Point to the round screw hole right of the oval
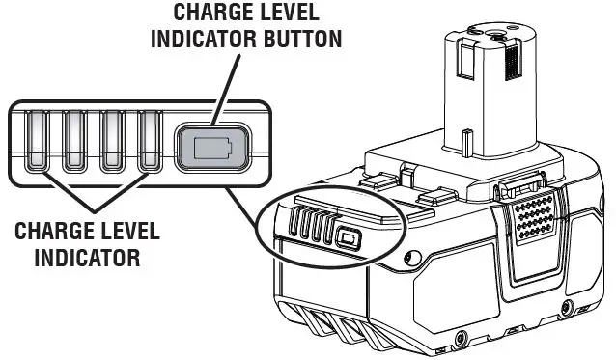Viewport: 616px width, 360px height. pyautogui.click(x=412, y=257)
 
